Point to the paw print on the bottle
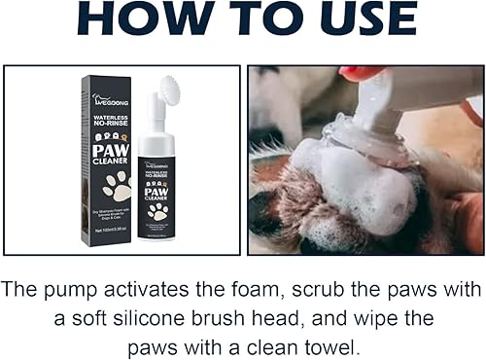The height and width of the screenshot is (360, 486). (158, 209)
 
